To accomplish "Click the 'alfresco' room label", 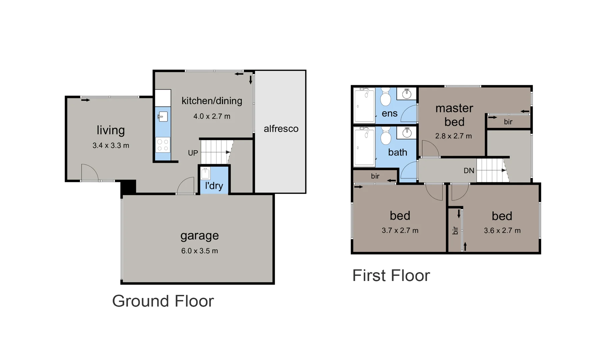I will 281,129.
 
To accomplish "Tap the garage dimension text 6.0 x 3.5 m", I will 199,251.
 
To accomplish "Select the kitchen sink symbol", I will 163,117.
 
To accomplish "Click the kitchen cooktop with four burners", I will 163,145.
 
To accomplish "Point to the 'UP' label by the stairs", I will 193,153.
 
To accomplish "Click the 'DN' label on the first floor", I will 469,171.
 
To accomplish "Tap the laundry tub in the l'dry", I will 205,173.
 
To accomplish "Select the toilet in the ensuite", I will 386,97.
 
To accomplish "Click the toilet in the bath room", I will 386,136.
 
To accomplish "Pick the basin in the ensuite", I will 407,94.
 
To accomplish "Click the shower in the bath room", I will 364,146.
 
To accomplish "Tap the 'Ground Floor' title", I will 163,301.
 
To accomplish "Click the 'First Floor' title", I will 391,276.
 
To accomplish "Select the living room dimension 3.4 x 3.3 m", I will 111,145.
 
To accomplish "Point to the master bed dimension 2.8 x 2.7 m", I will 453,136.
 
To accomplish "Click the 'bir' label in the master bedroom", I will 508,122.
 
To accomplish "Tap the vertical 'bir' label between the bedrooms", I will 455,230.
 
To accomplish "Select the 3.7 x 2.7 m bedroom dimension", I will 400,230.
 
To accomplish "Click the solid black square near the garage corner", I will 128,187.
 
